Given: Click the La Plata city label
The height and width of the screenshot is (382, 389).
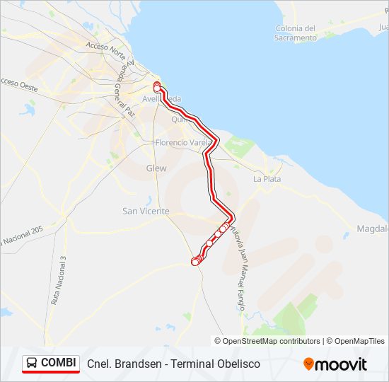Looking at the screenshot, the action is (x=267, y=179).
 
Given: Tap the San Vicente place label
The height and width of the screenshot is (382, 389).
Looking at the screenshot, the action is (x=146, y=211).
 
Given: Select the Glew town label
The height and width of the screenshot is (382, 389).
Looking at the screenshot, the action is (x=156, y=168).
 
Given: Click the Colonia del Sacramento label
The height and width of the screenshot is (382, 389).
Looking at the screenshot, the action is (x=296, y=33).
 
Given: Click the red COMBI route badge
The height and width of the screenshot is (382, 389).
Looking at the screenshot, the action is (x=51, y=364).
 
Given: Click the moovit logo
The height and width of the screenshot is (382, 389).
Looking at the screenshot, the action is (x=335, y=364).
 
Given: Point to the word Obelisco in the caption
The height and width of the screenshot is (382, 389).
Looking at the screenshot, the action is (x=237, y=364).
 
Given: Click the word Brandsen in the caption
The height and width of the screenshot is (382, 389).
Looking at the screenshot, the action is (x=134, y=364).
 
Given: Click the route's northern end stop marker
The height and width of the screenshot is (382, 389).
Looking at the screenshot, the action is (x=157, y=88).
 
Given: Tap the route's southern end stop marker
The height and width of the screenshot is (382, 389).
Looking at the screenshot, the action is (x=195, y=262).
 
